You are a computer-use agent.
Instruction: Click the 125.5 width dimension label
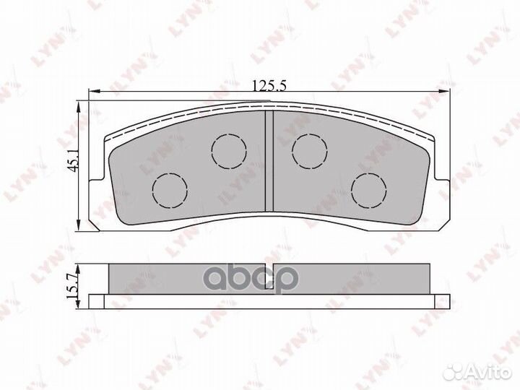pyautogui.click(x=269, y=85)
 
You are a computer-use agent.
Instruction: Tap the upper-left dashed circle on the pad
pyautogui.click(x=228, y=149)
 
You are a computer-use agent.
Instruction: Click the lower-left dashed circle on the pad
pyautogui.click(x=170, y=190)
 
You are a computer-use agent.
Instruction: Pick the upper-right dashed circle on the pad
pyautogui.click(x=308, y=149)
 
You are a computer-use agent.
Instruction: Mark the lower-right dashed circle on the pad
pyautogui.click(x=366, y=190)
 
